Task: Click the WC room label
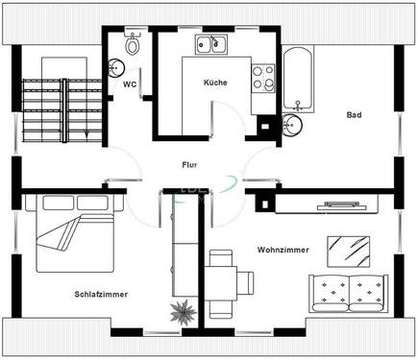coord(129,84)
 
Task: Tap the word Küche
coord(215,84)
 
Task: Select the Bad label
coord(355,115)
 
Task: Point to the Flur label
coord(189,164)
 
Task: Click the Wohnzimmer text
coord(283,250)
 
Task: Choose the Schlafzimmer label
coord(100,294)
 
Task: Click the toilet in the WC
coord(134,44)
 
